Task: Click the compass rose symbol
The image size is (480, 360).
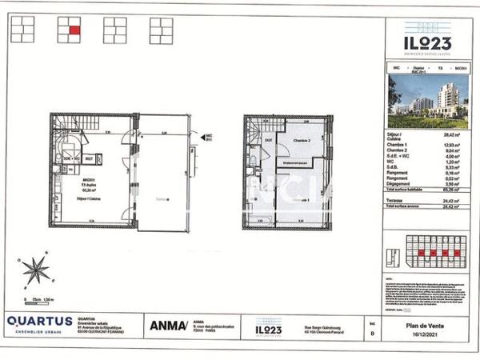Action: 36,268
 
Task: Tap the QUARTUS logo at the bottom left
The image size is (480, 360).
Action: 39,323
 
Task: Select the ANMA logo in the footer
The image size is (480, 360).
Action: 166,325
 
